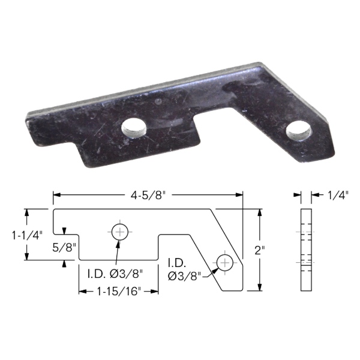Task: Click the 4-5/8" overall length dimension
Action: click(x=148, y=196)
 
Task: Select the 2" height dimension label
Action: click(x=260, y=250)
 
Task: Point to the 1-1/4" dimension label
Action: click(x=28, y=235)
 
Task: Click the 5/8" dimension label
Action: click(x=64, y=248)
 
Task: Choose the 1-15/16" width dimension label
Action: click(x=119, y=292)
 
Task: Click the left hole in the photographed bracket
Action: click(x=134, y=129)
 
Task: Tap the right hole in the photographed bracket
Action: click(x=298, y=132)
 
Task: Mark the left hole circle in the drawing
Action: click(x=119, y=232)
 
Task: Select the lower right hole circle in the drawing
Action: click(x=225, y=262)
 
